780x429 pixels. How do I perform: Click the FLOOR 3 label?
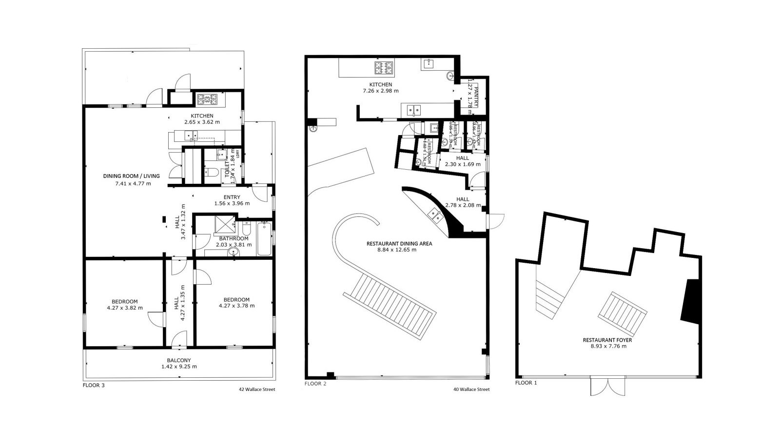point(94,385)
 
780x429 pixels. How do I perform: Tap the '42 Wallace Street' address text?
point(257,390)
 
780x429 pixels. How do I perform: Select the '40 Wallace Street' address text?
point(471,390)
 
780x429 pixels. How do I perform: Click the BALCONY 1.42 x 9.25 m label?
point(179,363)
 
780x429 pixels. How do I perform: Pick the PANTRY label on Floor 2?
point(476,96)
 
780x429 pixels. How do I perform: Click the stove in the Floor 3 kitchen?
point(207,100)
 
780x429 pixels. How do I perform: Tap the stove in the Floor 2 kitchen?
point(384,68)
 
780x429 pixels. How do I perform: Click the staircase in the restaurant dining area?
point(390,304)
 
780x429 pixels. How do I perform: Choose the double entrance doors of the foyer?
point(607,386)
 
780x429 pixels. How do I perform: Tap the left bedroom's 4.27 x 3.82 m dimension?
point(125,308)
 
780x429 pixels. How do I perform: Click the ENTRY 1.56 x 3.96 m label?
point(232,200)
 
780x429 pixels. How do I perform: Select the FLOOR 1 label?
point(526,383)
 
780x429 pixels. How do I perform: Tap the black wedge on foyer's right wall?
point(691,301)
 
